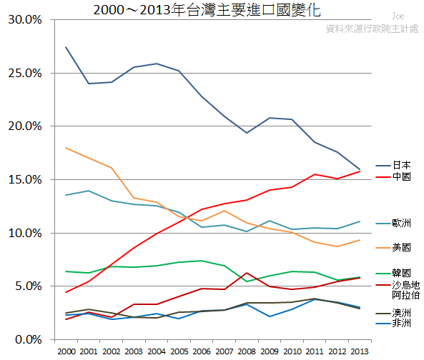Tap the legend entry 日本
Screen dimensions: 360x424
(401, 165)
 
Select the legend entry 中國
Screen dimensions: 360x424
(401, 176)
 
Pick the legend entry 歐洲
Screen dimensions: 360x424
(401, 224)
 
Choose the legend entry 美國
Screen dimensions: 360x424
(401, 247)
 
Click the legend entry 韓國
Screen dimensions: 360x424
(401, 273)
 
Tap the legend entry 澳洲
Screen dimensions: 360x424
(401, 313)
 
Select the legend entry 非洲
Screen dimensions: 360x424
(401, 324)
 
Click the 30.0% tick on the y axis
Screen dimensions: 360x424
(25, 19)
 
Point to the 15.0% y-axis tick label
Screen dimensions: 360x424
(25, 179)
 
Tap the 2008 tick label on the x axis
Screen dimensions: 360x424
(246, 351)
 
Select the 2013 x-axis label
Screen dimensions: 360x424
(359, 351)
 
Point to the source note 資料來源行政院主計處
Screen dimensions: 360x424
(372, 29)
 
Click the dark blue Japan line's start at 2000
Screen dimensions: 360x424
(66, 47)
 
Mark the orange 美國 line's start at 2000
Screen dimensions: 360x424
(66, 148)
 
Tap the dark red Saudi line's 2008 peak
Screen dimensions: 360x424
(246, 273)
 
